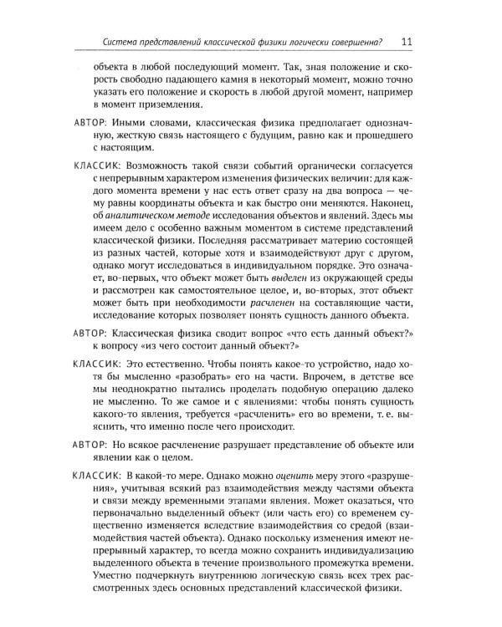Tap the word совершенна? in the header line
[x=351, y=43]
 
